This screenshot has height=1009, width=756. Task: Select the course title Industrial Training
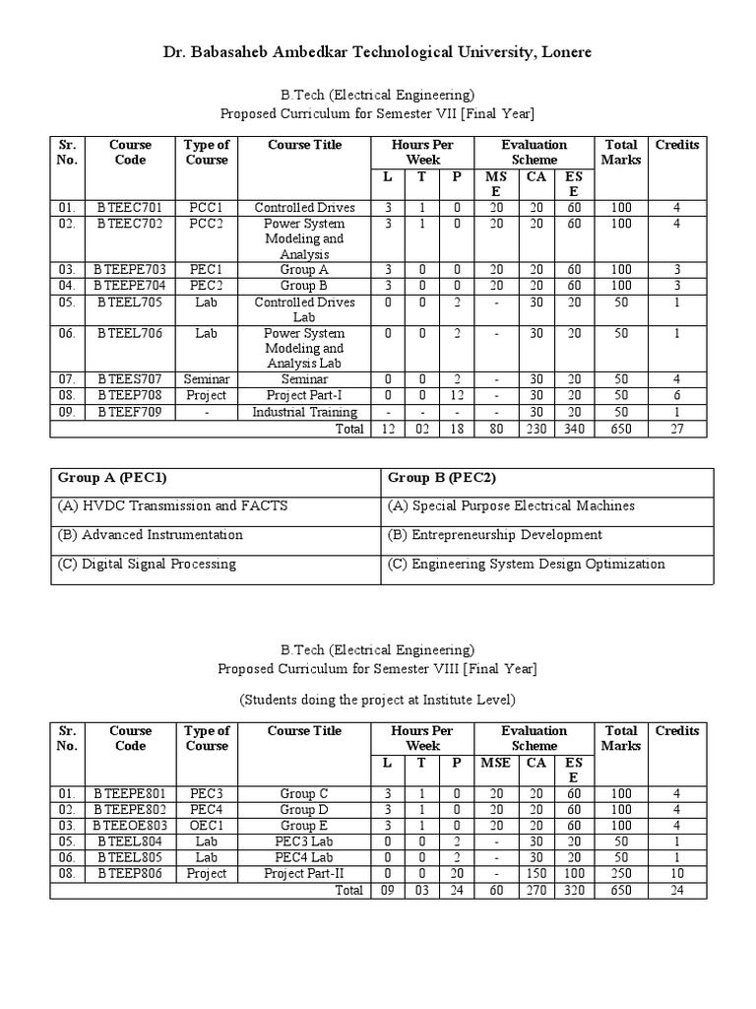[x=304, y=412]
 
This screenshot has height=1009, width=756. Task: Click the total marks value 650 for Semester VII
[x=621, y=429]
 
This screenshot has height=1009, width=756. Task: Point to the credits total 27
[x=676, y=429]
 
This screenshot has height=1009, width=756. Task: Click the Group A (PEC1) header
[x=112, y=478]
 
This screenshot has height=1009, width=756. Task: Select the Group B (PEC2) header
[x=442, y=478]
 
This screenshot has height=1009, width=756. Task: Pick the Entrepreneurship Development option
[x=495, y=535]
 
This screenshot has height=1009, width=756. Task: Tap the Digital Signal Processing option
[x=147, y=565]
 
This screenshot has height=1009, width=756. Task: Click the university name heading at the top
[x=378, y=51]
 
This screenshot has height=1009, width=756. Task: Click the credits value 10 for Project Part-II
[x=676, y=874]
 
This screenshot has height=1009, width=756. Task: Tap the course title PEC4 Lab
[x=304, y=857]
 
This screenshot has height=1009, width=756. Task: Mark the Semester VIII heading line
[x=378, y=669]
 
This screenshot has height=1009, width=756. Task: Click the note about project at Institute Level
[x=378, y=700]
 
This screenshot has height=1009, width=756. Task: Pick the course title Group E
[x=304, y=825]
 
